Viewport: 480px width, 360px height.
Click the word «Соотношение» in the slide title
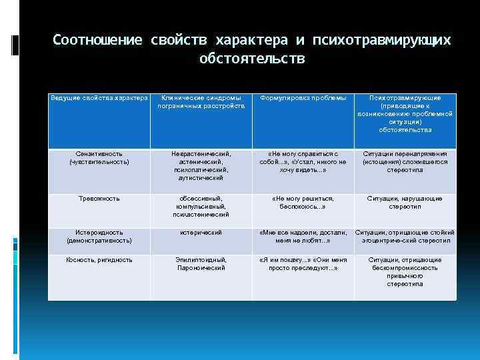point(97,41)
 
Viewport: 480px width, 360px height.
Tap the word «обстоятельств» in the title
point(252,59)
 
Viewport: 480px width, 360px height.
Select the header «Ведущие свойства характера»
point(99,98)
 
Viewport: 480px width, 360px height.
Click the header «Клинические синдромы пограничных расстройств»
point(201,102)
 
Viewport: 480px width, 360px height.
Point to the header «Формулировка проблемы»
point(303,98)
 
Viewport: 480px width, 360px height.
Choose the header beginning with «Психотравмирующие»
point(405,113)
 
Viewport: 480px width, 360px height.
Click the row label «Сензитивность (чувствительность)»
point(99,157)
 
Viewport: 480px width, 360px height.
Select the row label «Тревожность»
point(99,198)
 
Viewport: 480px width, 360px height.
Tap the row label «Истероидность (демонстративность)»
point(99,236)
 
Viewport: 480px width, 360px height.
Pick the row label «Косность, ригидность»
point(99,259)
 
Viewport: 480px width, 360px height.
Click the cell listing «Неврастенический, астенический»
point(201,165)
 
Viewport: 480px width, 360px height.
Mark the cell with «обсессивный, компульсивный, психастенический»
point(201,206)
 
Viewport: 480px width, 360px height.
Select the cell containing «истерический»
point(201,232)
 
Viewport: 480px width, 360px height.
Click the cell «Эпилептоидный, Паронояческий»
point(201,263)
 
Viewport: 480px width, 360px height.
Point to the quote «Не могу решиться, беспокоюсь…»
point(303,202)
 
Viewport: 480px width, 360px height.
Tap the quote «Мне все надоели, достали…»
point(303,236)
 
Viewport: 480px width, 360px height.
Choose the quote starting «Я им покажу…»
point(303,263)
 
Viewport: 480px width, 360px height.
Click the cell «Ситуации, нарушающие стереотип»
point(405,202)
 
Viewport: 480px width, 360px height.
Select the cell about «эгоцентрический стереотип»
point(405,236)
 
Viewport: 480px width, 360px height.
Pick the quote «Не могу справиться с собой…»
point(303,161)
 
